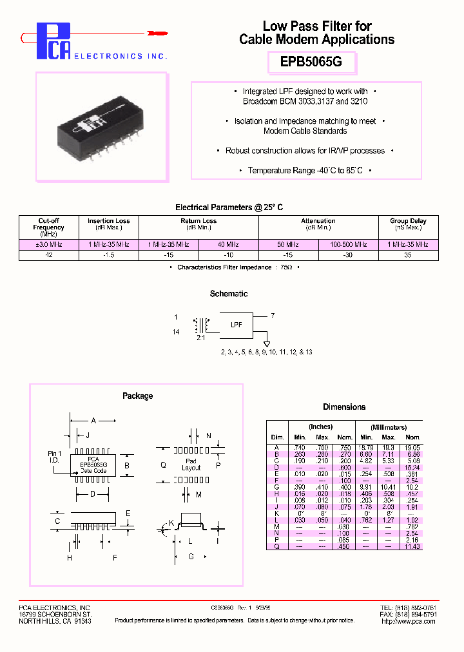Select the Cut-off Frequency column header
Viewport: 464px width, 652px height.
49,227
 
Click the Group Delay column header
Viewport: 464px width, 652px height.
409,224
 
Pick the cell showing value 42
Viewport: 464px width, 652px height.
49,255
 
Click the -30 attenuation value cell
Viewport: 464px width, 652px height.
348,255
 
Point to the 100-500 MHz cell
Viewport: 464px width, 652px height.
348,245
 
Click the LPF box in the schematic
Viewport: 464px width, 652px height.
237,325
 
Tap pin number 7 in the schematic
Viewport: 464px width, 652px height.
273,315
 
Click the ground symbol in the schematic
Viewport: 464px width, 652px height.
266,344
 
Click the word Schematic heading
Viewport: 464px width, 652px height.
229,294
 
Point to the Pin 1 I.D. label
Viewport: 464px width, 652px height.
54,457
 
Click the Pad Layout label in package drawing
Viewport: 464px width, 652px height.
191,465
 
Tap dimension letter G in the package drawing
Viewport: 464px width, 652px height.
191,556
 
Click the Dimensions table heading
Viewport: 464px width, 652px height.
344,407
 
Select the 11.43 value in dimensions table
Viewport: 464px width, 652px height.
412,546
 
